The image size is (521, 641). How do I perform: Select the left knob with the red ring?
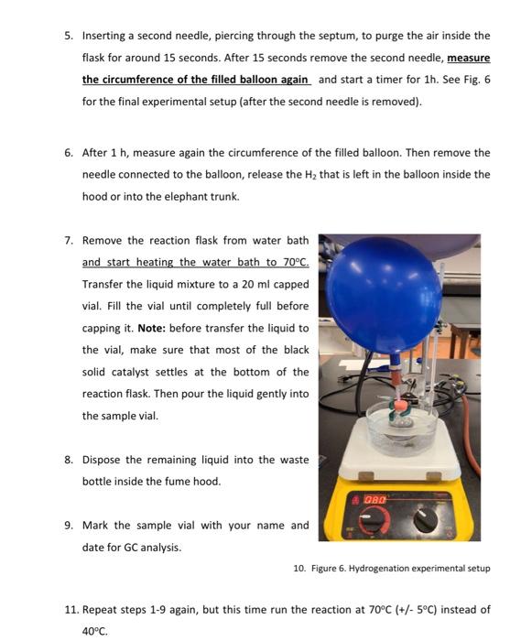[371, 520]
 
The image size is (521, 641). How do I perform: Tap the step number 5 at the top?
[68, 36]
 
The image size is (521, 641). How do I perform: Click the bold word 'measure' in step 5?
[468, 58]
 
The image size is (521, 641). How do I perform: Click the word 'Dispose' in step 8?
[103, 460]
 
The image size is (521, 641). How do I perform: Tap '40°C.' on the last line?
[94, 631]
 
